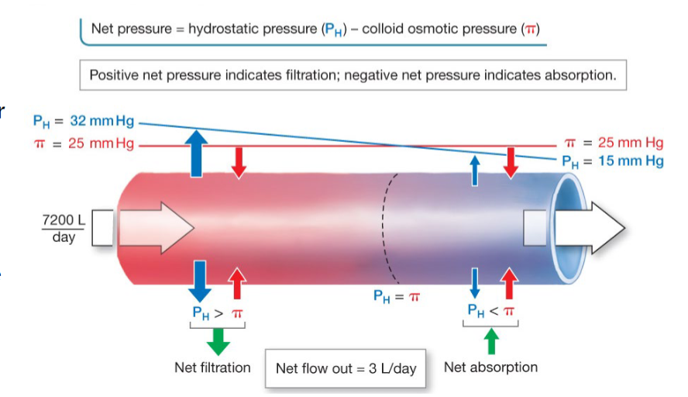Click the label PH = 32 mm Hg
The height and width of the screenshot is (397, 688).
click(84, 122)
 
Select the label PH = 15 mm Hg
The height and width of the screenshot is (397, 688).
click(613, 161)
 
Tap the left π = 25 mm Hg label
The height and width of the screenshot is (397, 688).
click(84, 144)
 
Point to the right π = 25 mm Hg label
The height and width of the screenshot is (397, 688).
click(613, 143)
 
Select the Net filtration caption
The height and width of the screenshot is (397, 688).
click(212, 368)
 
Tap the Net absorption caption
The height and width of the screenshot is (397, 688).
click(490, 367)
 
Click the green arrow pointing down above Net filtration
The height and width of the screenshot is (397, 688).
click(218, 341)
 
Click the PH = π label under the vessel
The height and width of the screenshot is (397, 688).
click(396, 295)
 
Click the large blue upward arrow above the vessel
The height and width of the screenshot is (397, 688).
click(198, 152)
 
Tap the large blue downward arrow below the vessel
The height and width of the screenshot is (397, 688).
click(199, 281)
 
